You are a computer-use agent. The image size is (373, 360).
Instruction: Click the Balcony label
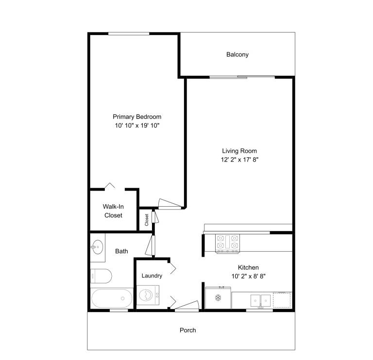(237, 55)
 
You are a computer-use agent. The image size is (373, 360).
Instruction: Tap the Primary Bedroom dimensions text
(137, 126)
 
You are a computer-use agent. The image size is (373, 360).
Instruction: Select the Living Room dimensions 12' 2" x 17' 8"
(239, 160)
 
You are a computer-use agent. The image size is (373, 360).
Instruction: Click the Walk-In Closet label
(113, 211)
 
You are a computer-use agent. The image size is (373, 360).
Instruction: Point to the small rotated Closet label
(147, 220)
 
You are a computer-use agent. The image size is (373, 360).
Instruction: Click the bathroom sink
(97, 247)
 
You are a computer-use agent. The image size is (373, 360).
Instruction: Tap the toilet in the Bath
(101, 276)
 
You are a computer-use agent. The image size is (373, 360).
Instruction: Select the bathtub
(112, 298)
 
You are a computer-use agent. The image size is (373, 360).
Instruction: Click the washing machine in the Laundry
(148, 295)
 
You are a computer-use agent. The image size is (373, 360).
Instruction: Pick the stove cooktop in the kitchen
(227, 244)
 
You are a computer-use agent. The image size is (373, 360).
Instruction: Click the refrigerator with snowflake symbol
(218, 298)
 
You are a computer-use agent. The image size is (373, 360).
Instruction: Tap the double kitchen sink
(261, 301)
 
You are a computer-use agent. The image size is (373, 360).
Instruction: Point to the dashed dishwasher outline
(282, 300)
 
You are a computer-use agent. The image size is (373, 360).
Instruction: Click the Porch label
(187, 330)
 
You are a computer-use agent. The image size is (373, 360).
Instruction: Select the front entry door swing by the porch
(186, 306)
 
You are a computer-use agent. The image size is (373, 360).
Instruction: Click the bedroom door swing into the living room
(170, 204)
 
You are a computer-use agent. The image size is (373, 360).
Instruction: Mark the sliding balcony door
(242, 77)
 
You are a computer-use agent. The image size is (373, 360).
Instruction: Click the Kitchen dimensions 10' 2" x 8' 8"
(248, 276)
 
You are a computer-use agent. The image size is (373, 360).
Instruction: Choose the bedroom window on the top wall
(129, 34)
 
